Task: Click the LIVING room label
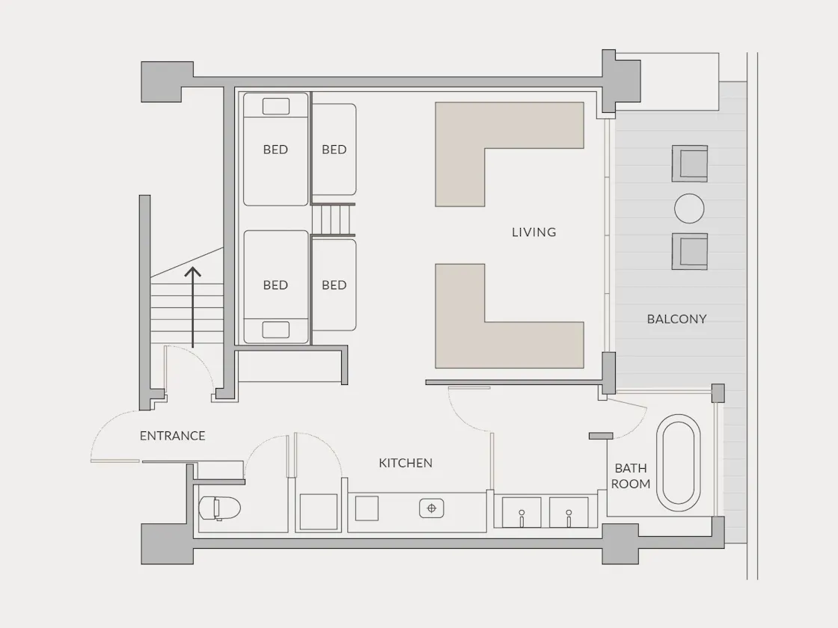point(534,233)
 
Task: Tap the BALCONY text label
point(676,319)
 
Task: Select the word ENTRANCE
point(173,436)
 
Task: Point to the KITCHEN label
point(406,463)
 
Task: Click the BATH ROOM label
point(631,475)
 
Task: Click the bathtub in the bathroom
point(678,462)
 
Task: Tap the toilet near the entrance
point(219,508)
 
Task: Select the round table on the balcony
point(689,209)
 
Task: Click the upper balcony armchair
point(690,164)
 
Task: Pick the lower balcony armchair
point(690,251)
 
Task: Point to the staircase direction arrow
point(193,307)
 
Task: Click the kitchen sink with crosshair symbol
point(431,508)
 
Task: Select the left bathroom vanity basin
point(522,512)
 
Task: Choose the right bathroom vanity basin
point(569,512)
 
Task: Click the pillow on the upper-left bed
point(276,106)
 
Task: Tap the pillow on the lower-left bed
point(276,330)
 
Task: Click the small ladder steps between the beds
point(333,220)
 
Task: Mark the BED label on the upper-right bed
point(334,150)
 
